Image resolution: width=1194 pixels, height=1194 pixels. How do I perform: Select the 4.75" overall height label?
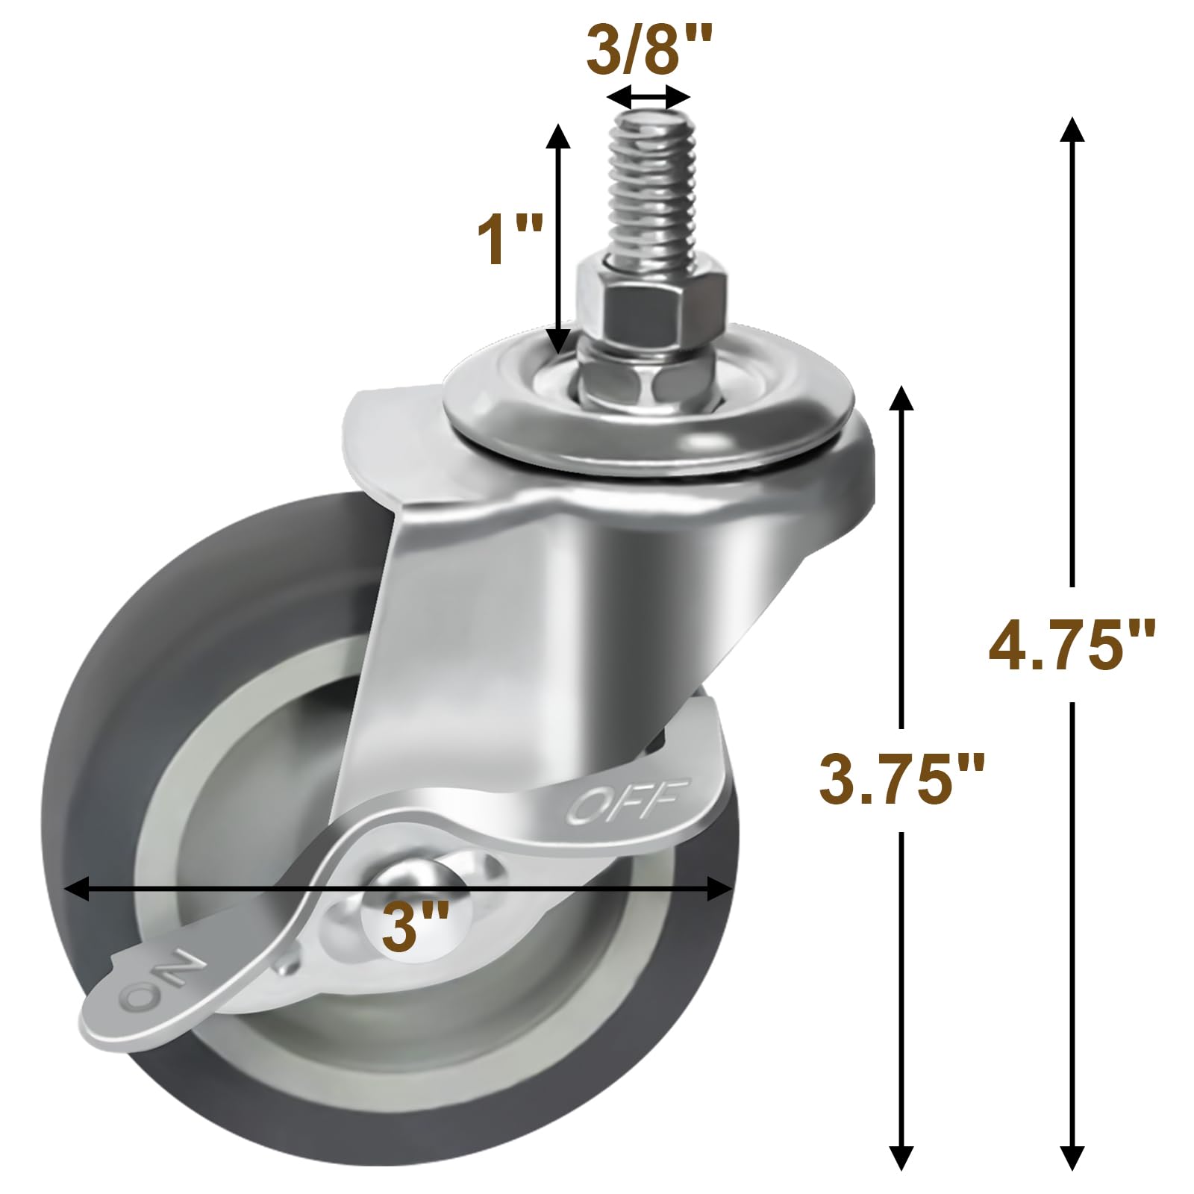[x=1072, y=643]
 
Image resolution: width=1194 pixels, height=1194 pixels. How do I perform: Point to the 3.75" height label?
[x=901, y=779]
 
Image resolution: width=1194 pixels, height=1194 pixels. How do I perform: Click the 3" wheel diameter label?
[x=415, y=925]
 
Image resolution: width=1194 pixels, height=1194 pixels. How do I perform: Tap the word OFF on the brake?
[x=627, y=801]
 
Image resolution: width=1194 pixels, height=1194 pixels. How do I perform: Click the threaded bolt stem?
[x=651, y=187]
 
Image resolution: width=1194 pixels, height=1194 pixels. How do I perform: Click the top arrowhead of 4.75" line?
[x=1072, y=128]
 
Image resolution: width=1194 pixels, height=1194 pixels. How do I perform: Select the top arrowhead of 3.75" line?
[x=901, y=398]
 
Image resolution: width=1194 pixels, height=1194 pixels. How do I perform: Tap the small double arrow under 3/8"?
[x=648, y=96]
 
